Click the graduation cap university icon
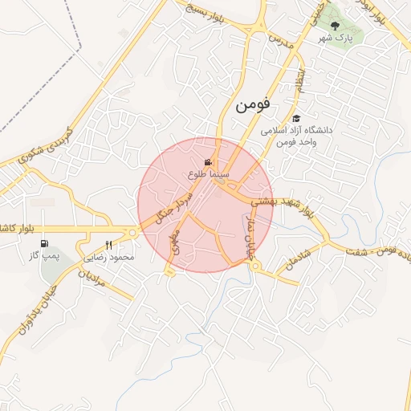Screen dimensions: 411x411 click(296, 119)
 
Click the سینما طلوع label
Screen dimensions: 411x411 click(210, 173)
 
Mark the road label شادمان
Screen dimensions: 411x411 click(295, 256)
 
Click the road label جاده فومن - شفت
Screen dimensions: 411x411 click(374, 254)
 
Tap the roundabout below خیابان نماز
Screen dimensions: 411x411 click(254, 266)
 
